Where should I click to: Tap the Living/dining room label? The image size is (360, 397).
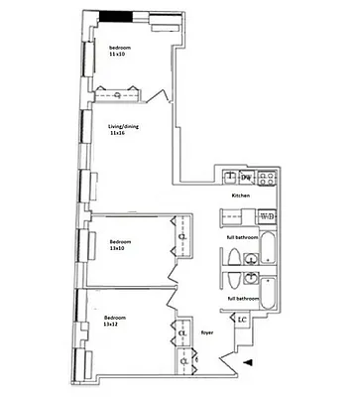[x=126, y=126]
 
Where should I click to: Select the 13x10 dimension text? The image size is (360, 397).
[x=118, y=249]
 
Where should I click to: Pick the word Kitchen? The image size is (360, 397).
[x=240, y=196]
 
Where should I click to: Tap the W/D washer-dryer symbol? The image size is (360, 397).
[x=267, y=215]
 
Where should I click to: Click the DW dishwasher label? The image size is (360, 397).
[x=246, y=178]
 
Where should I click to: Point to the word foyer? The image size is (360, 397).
[x=208, y=333]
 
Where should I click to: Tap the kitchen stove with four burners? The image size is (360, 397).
[x=266, y=178]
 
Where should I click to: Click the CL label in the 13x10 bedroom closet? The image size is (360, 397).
[x=181, y=237]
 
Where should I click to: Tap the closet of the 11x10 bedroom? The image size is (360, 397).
[x=119, y=94]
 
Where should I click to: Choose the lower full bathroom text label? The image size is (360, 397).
[x=244, y=299]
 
